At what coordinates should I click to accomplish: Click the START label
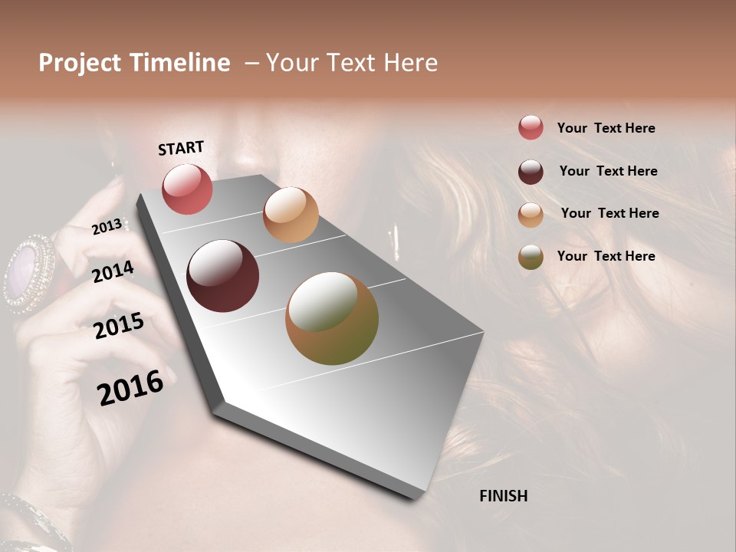pos(181,148)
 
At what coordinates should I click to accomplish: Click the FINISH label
pos(503,496)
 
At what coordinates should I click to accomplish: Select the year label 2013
pos(107,226)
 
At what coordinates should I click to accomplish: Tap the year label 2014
pos(113,271)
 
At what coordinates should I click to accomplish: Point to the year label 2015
pos(118,325)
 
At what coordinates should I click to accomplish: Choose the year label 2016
pos(130,386)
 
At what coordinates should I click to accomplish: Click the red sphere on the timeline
pos(187,189)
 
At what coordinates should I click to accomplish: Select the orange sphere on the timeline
pos(291,215)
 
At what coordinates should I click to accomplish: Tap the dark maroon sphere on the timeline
pos(222,276)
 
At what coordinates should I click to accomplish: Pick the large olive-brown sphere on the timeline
pos(332,318)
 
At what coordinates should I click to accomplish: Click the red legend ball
pos(531,127)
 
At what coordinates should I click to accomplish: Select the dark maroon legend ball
pos(531,171)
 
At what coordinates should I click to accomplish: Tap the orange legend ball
pos(531,214)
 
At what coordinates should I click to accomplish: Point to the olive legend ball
pos(531,257)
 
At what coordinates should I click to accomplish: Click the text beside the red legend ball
pos(606,128)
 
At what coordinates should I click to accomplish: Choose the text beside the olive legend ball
pos(606,256)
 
